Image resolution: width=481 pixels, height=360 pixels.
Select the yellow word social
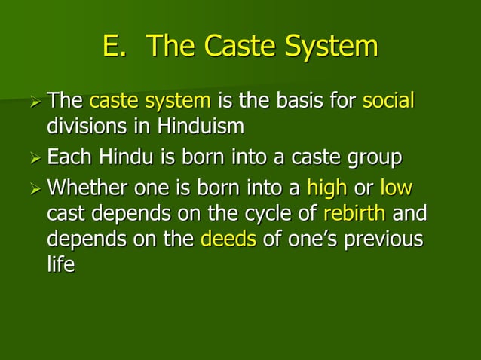pos(388,101)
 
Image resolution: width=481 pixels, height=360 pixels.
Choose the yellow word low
pos(397,187)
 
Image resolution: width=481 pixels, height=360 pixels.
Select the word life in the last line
pos(60,267)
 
